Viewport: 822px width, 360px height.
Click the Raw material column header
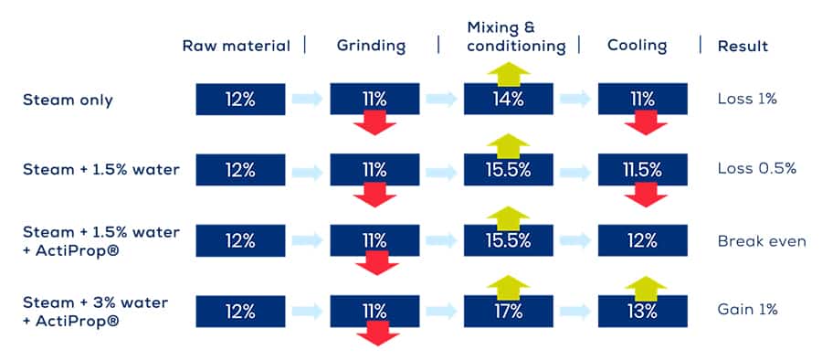(x=236, y=46)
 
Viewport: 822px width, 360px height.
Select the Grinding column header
(x=371, y=46)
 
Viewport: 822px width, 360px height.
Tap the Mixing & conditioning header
(x=516, y=37)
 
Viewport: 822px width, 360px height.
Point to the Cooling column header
(x=637, y=46)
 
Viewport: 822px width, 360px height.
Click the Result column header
(x=743, y=47)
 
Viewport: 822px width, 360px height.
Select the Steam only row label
(x=68, y=101)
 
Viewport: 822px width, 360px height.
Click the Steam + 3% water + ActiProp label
(x=95, y=312)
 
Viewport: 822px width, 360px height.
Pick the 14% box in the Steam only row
(x=509, y=99)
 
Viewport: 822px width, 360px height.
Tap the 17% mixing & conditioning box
(x=509, y=312)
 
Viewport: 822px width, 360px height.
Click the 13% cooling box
(x=643, y=312)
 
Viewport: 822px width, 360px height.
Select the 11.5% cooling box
(x=643, y=170)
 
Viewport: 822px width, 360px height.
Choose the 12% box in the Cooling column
(x=643, y=240)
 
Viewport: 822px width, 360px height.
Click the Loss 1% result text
(x=747, y=99)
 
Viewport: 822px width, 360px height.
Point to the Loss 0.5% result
(x=757, y=169)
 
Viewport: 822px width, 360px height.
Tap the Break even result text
(x=762, y=241)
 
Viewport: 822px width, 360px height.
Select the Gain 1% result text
(x=747, y=310)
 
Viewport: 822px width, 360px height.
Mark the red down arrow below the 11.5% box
(x=646, y=195)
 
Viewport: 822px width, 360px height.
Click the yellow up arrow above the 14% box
(x=509, y=73)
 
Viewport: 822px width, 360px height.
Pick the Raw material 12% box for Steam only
(x=240, y=99)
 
